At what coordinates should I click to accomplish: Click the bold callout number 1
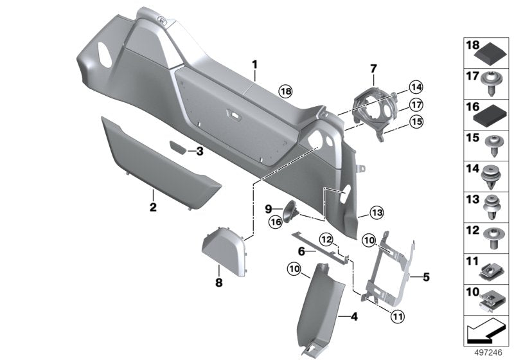point(254,64)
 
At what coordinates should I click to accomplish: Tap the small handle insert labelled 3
point(176,148)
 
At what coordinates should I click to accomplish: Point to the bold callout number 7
point(372,68)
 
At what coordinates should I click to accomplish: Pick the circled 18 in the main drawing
point(285,93)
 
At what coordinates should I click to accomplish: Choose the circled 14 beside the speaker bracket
point(416,86)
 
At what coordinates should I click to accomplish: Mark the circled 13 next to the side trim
point(376,212)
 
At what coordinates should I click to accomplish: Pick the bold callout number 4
point(352,316)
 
